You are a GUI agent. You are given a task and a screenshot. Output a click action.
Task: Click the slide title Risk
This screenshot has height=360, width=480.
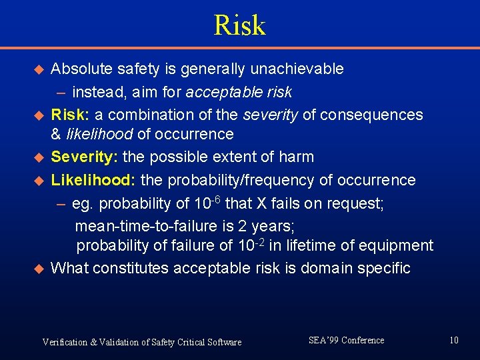[239, 25]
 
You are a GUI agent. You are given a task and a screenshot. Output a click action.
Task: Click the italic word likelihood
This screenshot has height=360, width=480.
[99, 134]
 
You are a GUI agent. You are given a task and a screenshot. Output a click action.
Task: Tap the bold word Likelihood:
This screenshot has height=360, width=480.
[93, 180]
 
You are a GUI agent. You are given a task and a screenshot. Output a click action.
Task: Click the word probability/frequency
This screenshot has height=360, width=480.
[250, 180]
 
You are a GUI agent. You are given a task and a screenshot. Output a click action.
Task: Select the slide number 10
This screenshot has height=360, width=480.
[454, 341]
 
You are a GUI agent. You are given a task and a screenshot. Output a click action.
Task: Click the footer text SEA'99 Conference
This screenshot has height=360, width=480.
[347, 341]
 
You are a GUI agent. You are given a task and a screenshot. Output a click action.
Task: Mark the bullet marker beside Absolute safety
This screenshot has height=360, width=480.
[39, 69]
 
